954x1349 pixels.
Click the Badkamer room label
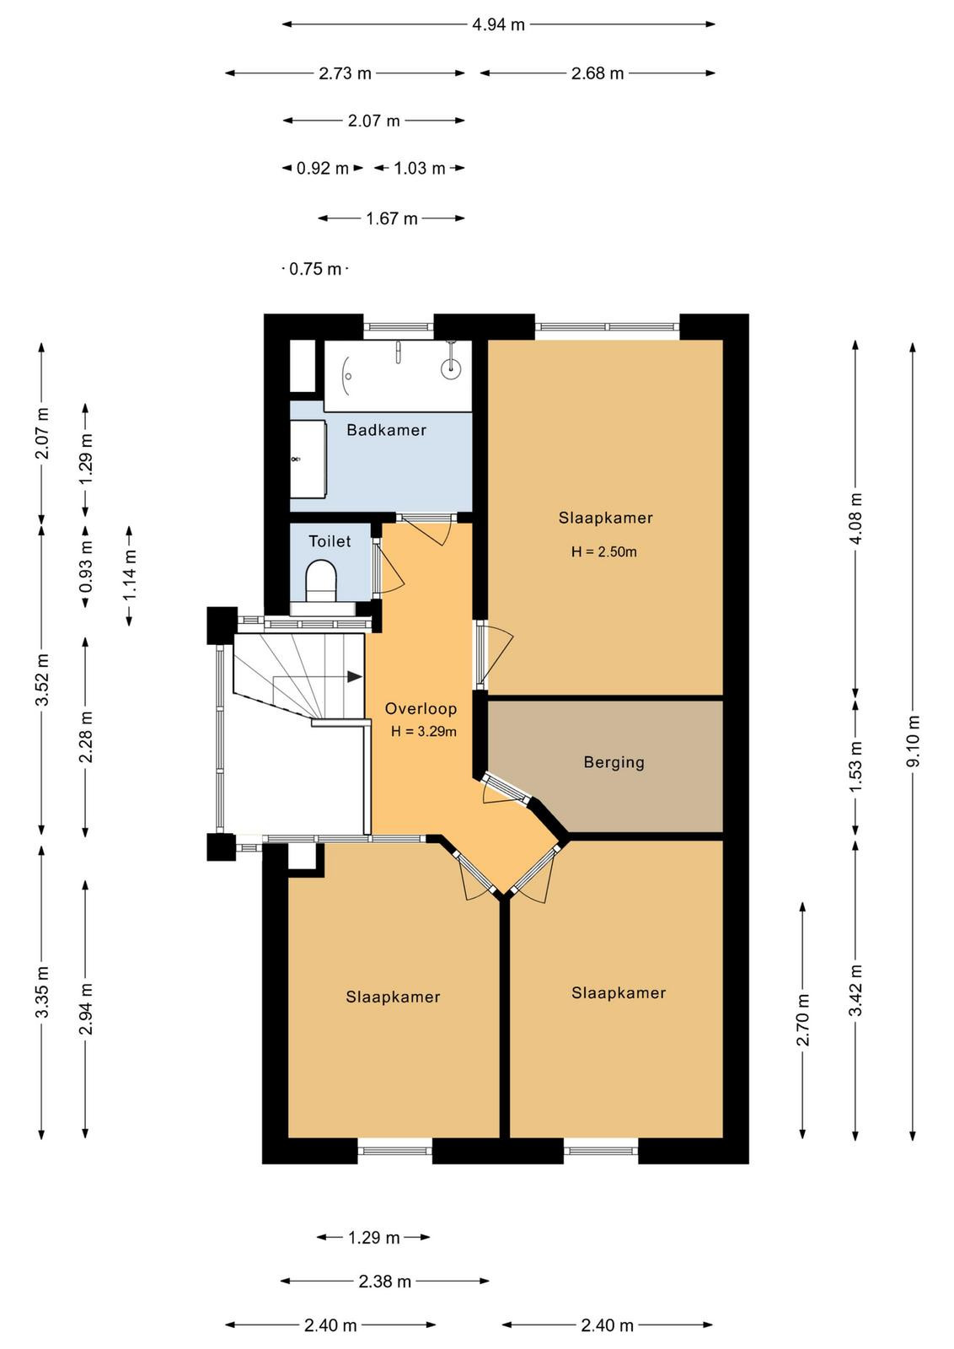[387, 430]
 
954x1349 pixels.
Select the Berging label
[614, 763]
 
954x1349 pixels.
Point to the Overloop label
[421, 709]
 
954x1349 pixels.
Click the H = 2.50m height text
[603, 551]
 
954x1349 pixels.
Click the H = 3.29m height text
[423, 732]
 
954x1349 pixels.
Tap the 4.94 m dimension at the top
[498, 24]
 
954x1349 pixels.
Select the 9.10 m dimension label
[913, 741]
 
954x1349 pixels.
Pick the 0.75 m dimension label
[315, 269]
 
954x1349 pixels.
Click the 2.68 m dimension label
[597, 73]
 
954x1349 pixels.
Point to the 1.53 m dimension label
[855, 766]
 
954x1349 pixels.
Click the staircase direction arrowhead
[355, 676]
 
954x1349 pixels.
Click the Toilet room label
[330, 540]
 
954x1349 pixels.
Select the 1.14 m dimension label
[130, 576]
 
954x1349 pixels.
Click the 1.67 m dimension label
[392, 218]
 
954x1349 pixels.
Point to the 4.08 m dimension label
[855, 518]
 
